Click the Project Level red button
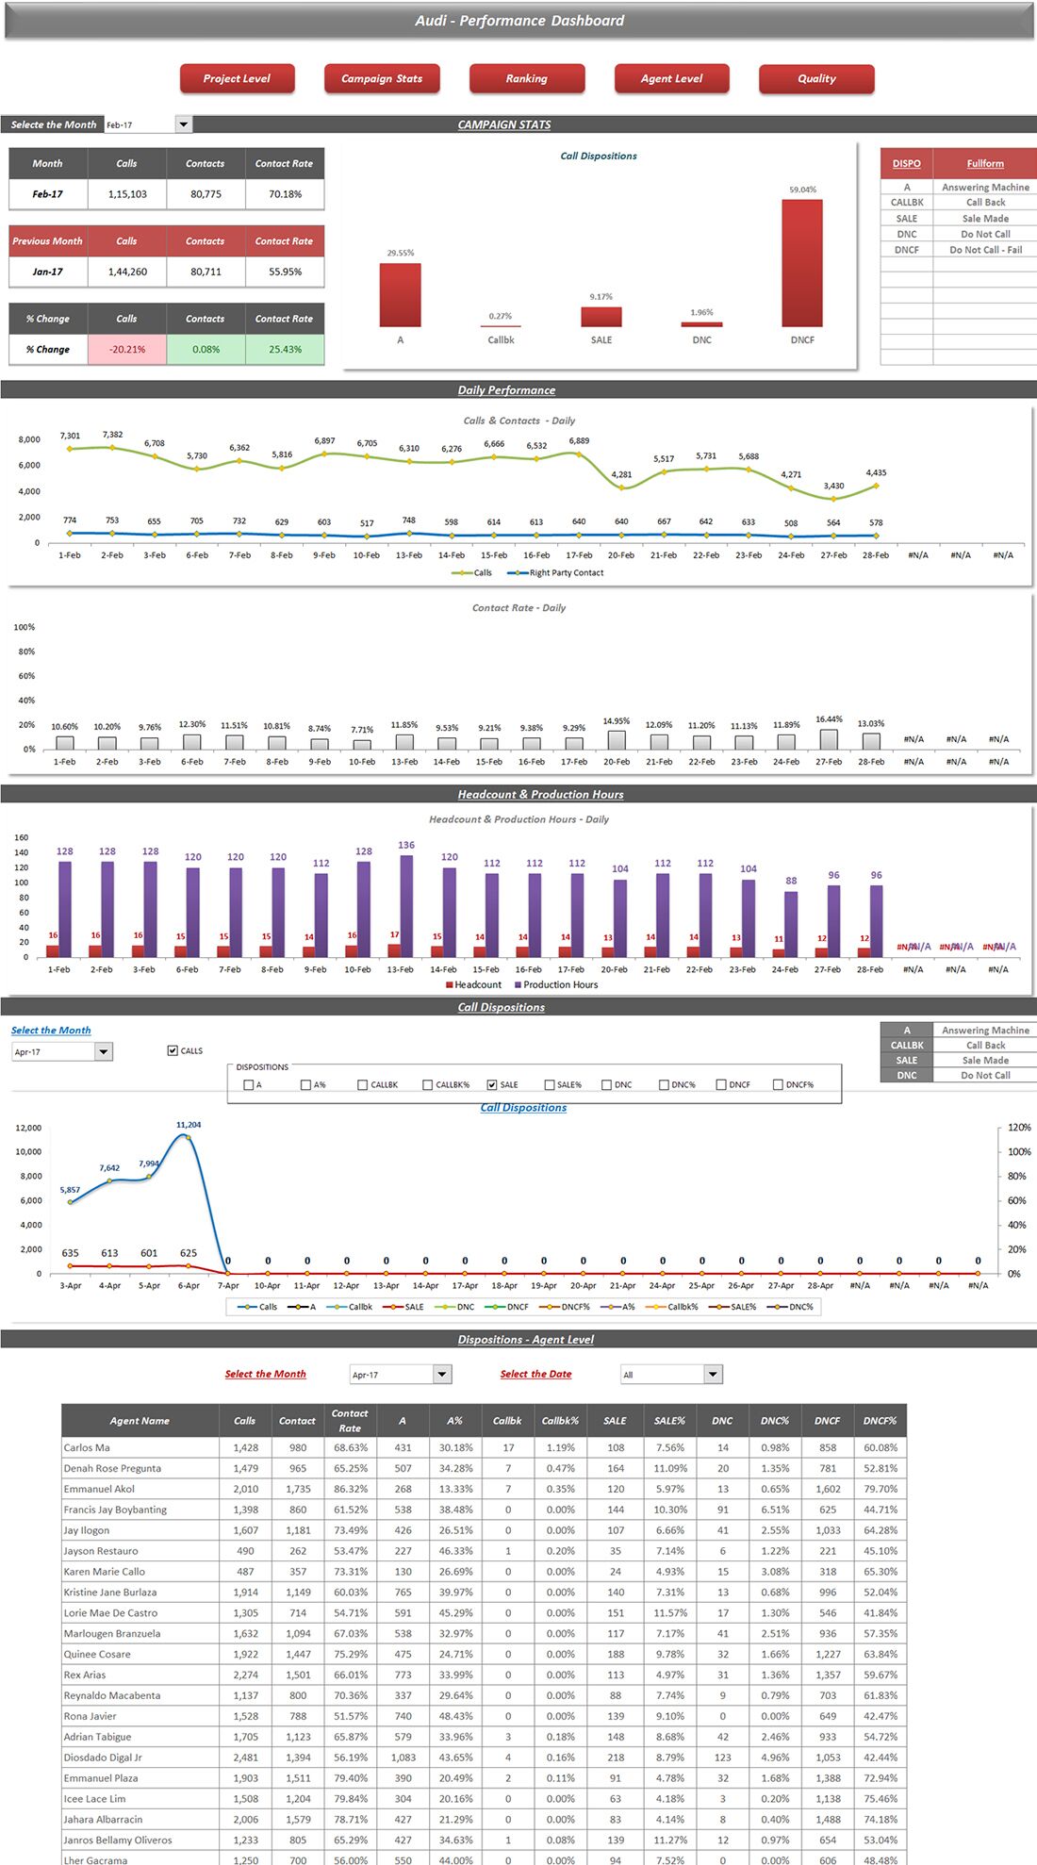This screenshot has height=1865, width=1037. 237,78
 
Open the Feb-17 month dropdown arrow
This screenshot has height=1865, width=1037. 184,124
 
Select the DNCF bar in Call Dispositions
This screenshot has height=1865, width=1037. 801,262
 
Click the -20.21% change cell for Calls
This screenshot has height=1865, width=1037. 127,349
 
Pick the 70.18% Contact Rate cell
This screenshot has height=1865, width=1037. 285,194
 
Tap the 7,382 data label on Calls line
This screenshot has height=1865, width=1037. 112,435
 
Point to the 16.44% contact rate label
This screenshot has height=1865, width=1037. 829,719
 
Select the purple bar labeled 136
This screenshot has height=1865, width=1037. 406,905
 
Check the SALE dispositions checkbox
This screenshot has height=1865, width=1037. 492,1084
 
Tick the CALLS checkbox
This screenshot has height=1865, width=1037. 173,1050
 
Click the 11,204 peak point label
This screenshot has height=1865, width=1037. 189,1125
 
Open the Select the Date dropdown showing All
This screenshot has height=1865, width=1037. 714,1374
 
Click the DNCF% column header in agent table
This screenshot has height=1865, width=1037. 880,1420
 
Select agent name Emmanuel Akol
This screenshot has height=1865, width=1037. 99,1489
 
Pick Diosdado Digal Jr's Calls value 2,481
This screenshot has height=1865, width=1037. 245,1758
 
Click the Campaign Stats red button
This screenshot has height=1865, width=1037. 382,78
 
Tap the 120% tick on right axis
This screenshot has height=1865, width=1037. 1018,1128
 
